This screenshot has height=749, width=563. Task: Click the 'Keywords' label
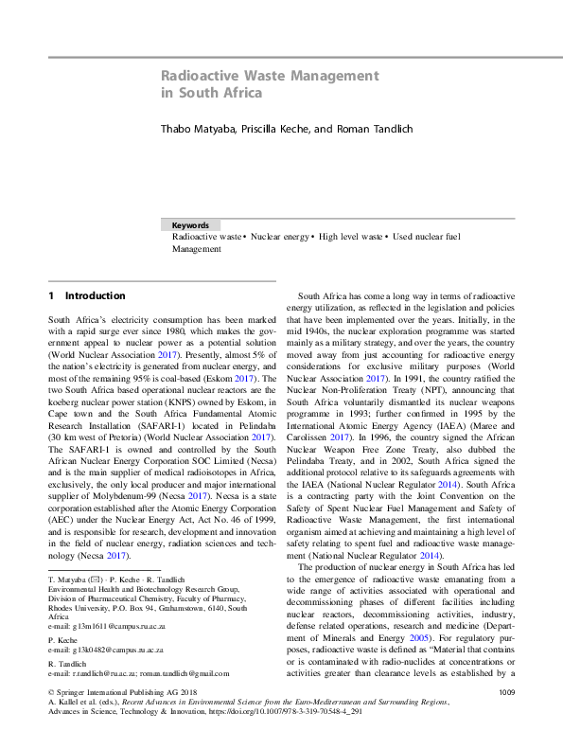190,226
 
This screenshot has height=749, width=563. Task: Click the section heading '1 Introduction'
79,296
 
